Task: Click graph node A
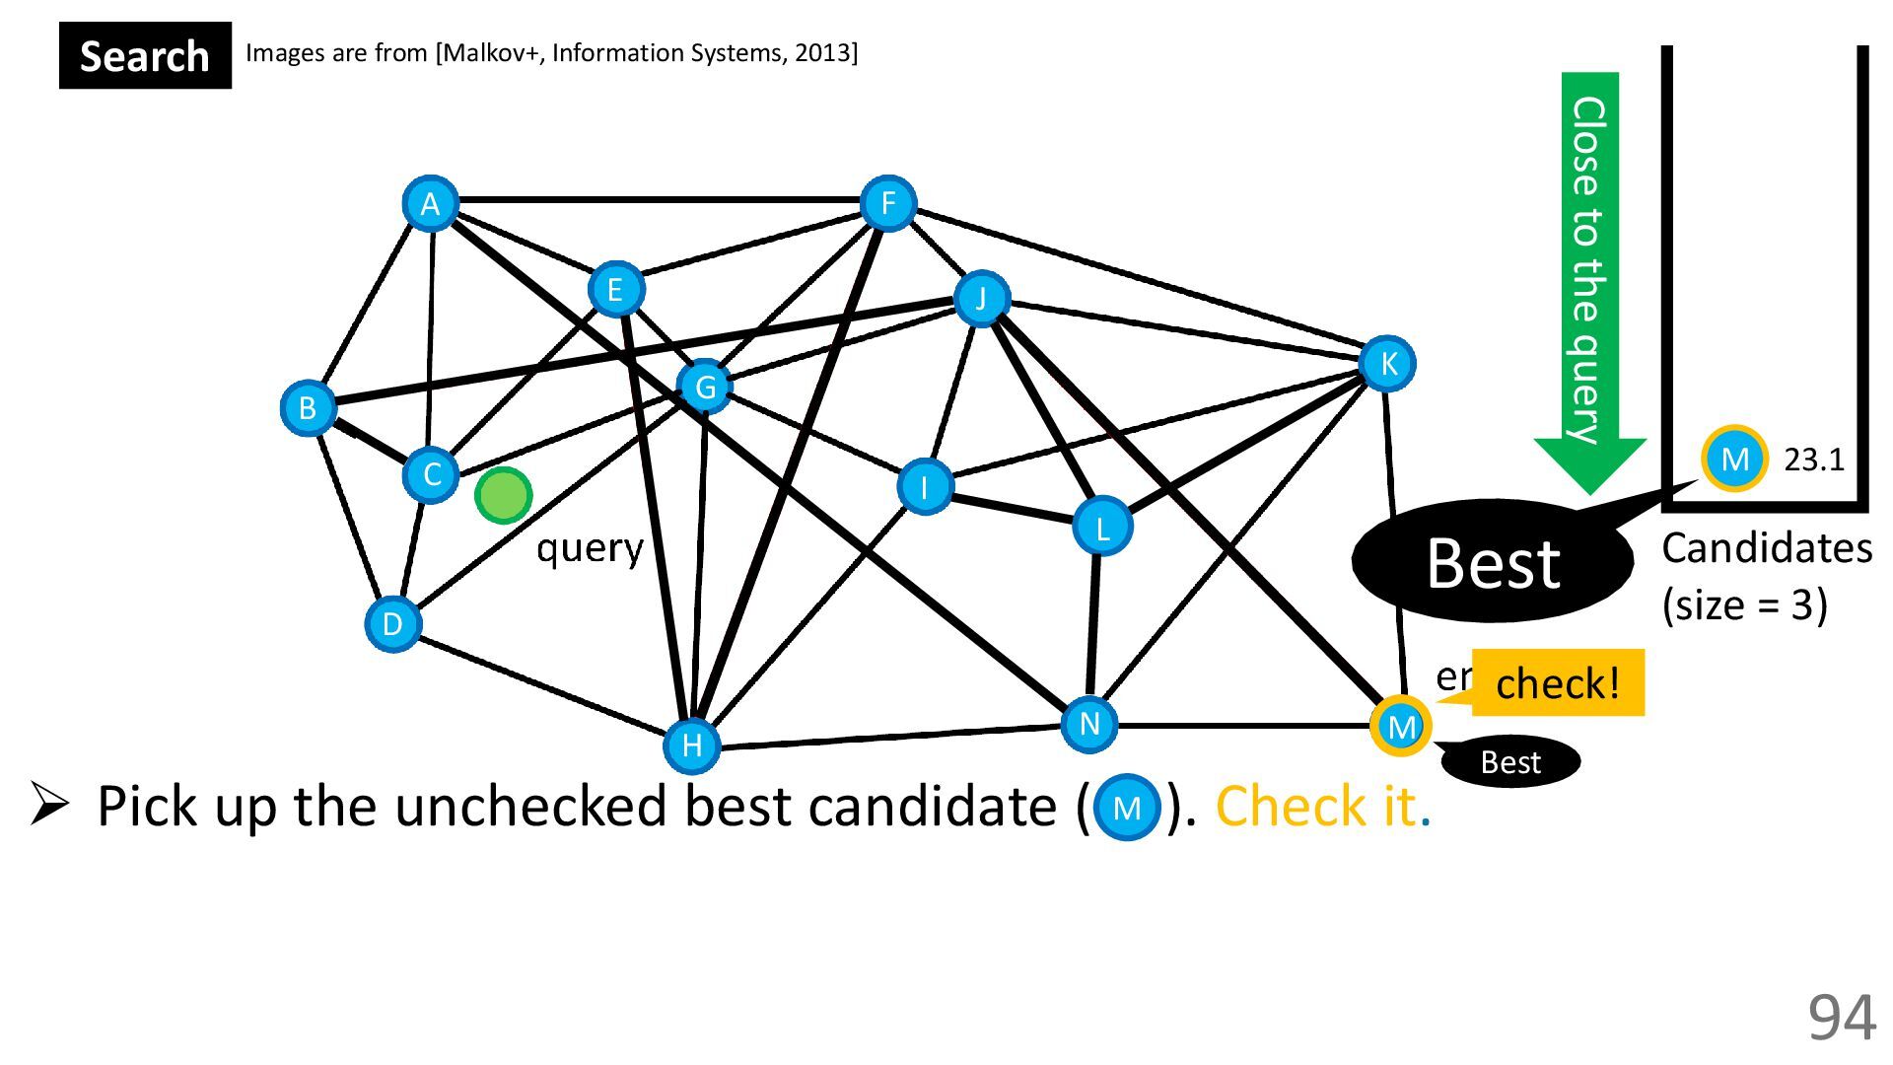point(430,204)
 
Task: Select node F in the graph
point(887,204)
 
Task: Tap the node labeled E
point(615,289)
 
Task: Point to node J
point(981,298)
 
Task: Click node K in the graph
point(1387,364)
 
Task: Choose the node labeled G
point(705,387)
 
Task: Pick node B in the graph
point(308,407)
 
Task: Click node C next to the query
point(431,475)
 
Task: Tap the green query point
point(503,495)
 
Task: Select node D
point(392,624)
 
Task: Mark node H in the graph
point(691,745)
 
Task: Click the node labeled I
point(924,486)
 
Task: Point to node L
point(1101,527)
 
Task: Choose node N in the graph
point(1088,725)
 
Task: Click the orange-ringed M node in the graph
point(1400,727)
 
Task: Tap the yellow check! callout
point(1557,682)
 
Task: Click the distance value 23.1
point(1813,460)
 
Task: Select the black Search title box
point(145,55)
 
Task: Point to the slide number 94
point(1840,1017)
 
